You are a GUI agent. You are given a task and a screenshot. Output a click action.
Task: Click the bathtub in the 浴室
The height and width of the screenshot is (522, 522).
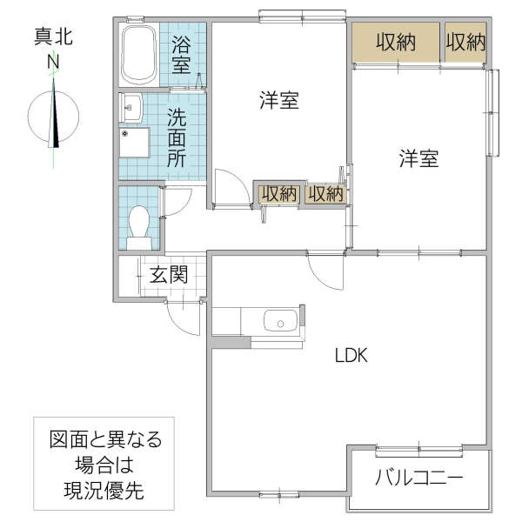click(139, 54)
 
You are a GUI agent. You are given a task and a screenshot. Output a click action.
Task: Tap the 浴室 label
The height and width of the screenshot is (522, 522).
click(181, 54)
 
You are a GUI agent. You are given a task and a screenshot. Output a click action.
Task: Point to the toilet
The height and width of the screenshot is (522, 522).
click(139, 224)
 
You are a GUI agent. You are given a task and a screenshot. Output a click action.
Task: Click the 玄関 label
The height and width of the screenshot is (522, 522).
click(168, 276)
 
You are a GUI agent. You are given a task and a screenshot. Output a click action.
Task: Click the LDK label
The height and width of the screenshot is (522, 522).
click(351, 355)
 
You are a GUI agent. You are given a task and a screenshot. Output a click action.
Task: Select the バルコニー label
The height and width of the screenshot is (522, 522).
click(419, 478)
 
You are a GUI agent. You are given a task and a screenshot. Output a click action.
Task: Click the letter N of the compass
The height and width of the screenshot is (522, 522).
click(54, 63)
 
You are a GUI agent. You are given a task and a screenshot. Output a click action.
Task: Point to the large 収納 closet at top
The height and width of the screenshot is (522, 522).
click(395, 42)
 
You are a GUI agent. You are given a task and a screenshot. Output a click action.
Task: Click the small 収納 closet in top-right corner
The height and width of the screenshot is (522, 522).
click(465, 42)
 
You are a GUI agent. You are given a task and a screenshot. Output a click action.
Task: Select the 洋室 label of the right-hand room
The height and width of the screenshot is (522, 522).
click(418, 158)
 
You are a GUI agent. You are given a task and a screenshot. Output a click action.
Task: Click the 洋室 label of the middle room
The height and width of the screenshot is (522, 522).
click(278, 100)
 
